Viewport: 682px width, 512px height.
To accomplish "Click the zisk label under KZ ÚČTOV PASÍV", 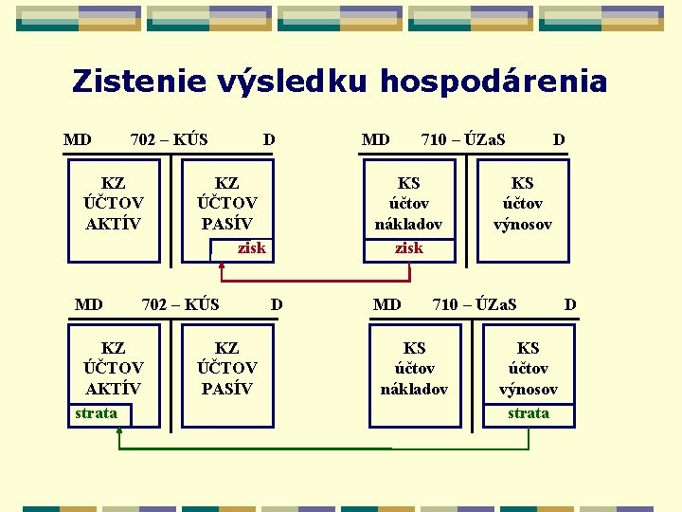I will point(251,248).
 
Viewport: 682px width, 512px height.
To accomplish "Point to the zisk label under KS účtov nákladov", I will point(408,248).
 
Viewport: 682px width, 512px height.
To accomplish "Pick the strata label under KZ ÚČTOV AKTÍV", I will point(96,413).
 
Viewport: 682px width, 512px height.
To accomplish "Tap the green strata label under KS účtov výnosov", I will point(528,413).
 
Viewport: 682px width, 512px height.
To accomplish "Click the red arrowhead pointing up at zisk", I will point(222,266).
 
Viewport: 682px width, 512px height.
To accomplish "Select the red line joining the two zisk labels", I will point(315,282).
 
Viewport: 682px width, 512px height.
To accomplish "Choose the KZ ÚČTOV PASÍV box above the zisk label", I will point(226,203).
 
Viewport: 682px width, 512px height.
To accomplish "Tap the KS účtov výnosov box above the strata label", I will point(528,368).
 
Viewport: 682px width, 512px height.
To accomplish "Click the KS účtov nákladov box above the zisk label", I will point(408,203).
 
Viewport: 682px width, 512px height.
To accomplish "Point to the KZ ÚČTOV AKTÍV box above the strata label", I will point(114,368).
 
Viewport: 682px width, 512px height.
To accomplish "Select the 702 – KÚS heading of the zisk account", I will point(169,140).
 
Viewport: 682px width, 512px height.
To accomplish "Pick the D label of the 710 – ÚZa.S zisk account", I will point(559,140).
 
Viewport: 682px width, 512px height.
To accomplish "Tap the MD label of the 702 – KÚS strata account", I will point(88,304).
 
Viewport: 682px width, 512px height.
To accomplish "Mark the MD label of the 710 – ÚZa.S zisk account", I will point(375,140).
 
